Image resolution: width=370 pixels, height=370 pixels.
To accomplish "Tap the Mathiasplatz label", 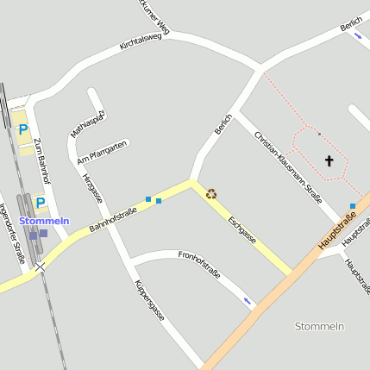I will (88, 124).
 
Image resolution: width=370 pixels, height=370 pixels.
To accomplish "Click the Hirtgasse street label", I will (92, 188).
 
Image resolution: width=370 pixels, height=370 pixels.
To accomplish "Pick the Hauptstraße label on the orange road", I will (337, 231).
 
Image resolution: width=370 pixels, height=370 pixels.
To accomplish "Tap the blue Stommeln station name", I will (44, 221).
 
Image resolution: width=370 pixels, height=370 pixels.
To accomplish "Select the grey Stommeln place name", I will (319, 326).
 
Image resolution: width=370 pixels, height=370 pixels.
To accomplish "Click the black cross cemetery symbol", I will (329, 160).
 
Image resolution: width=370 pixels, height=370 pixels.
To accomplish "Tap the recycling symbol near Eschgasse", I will (211, 193).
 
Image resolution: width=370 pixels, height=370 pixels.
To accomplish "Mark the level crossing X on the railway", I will (40, 268).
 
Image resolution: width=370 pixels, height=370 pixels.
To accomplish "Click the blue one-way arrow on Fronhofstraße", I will (248, 300).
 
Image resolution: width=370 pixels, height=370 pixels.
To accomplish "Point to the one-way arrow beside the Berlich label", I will (357, 36).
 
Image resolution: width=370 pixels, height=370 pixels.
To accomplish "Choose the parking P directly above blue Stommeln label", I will (41, 203).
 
